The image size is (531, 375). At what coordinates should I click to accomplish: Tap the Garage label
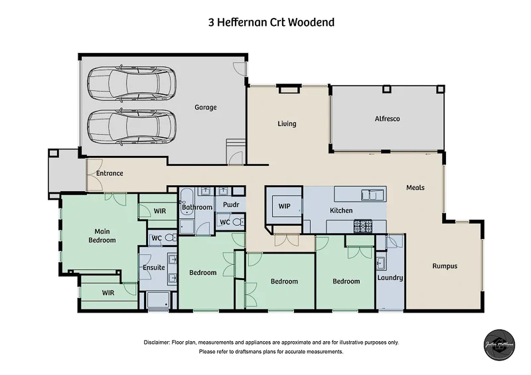205,108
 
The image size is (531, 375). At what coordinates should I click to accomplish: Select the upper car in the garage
131,83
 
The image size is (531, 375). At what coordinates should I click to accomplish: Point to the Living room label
287,124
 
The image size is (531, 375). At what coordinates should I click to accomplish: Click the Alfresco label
387,119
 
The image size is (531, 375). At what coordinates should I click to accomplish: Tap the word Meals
416,188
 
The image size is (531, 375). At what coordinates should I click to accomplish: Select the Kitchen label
341,210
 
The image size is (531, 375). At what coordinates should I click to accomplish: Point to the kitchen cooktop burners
362,226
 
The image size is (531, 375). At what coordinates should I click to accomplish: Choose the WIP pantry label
285,206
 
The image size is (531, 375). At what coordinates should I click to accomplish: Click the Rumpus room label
445,266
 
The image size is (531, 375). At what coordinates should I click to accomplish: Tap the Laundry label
390,277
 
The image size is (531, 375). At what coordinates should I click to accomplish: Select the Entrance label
110,174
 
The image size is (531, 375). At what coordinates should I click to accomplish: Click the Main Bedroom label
102,236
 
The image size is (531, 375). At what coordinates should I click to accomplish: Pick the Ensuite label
153,267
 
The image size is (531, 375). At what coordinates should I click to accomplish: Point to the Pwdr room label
232,205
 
